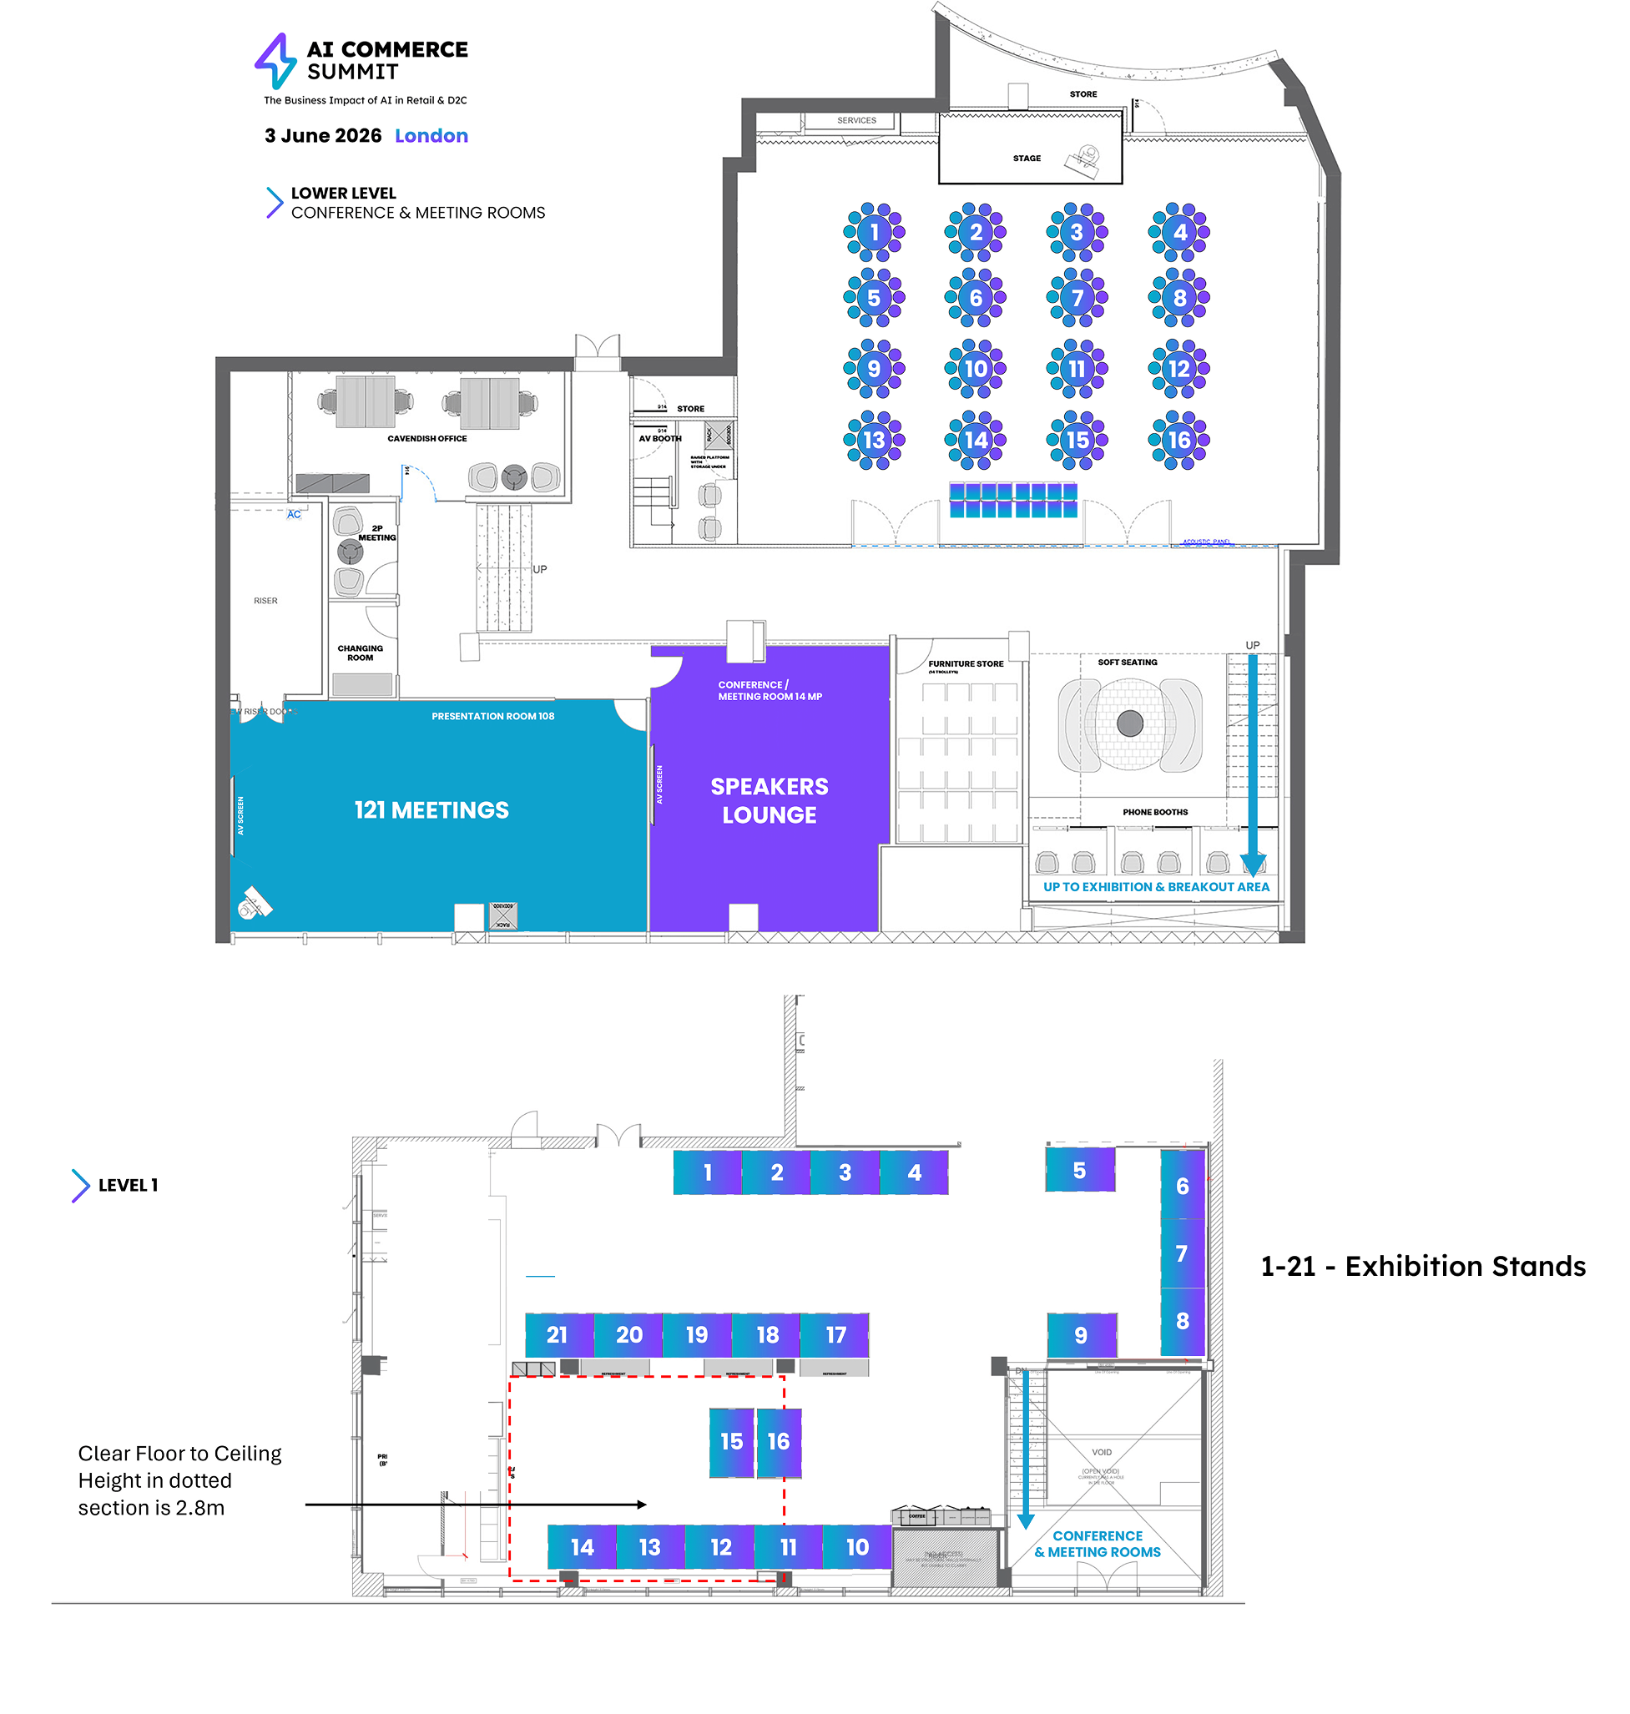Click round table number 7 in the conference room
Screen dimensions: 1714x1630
coord(1077,298)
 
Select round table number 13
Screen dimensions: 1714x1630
coord(874,441)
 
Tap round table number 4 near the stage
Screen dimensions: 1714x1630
coord(1179,232)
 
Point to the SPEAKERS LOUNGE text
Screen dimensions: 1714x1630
coord(769,800)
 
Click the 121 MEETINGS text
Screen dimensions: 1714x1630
coord(431,809)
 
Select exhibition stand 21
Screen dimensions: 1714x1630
coord(558,1334)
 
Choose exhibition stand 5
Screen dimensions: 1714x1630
coord(1079,1170)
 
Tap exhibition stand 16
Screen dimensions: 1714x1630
coord(778,1441)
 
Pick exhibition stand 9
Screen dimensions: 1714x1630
coord(1081,1335)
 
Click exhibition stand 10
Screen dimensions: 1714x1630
coord(856,1547)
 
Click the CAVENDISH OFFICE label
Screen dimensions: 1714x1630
coord(426,439)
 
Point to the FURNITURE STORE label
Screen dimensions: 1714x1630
coord(966,663)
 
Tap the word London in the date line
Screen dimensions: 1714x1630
coord(431,135)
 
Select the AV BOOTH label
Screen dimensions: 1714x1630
coord(659,439)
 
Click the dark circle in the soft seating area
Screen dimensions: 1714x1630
coord(1129,723)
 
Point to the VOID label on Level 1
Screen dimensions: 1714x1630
coord(1101,1453)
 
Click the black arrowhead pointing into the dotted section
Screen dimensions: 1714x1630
coord(641,1505)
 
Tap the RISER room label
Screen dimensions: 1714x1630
coord(266,600)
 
